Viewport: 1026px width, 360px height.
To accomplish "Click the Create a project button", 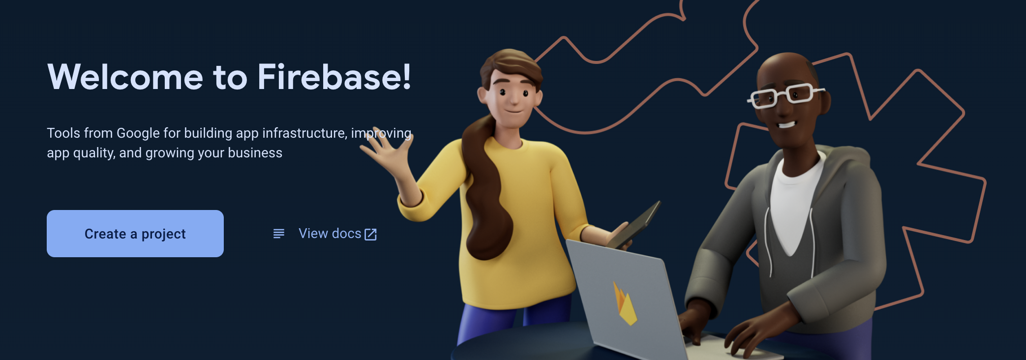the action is click(x=135, y=234).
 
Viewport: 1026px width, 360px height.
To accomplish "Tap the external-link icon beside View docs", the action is click(x=370, y=235).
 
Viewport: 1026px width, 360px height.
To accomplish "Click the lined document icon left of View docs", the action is click(x=279, y=234).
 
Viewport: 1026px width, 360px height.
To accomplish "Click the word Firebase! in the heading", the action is click(x=334, y=77).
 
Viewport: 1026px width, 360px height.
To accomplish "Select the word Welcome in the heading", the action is click(x=125, y=77).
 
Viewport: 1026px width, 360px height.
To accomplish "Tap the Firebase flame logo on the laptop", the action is click(x=624, y=303).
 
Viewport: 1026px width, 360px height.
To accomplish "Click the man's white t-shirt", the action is click(x=793, y=202).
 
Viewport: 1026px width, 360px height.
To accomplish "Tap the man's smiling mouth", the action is click(x=786, y=124).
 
